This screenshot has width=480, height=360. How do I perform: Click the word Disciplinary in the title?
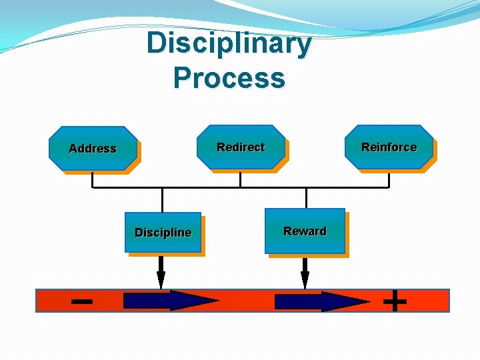coord(229,44)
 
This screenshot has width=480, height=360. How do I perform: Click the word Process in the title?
coord(229,78)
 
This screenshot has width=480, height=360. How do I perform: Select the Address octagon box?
coord(93,149)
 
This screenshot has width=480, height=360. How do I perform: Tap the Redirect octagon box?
coord(241,147)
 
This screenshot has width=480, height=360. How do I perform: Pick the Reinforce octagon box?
coord(389,147)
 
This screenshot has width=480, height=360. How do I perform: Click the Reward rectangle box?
coord(305,231)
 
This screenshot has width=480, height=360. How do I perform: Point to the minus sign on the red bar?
coord(81,301)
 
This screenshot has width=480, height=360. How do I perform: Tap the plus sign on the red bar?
coord(395,301)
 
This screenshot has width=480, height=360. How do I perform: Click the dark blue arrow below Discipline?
coord(170,301)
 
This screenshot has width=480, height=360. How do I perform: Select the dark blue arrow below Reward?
coord(321,301)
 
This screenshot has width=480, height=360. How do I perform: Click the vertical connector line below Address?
coord(92,179)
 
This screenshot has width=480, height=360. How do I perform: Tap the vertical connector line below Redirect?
coord(240,179)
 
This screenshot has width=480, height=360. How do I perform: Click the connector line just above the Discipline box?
coord(162,200)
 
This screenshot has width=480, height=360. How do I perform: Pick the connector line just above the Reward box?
coord(306,198)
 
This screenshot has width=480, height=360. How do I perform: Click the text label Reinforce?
coord(389,147)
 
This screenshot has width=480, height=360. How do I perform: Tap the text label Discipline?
coord(163,233)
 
